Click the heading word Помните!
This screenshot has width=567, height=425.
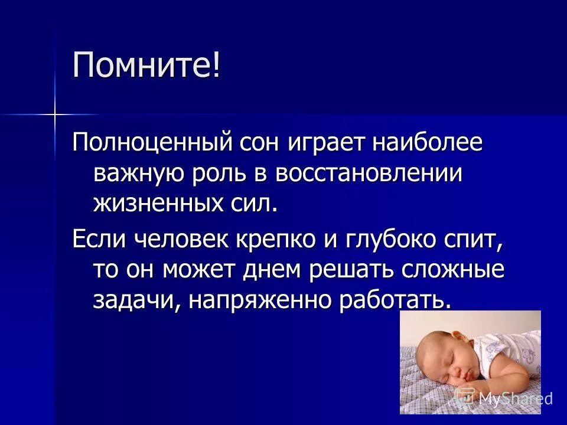pos(146,65)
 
